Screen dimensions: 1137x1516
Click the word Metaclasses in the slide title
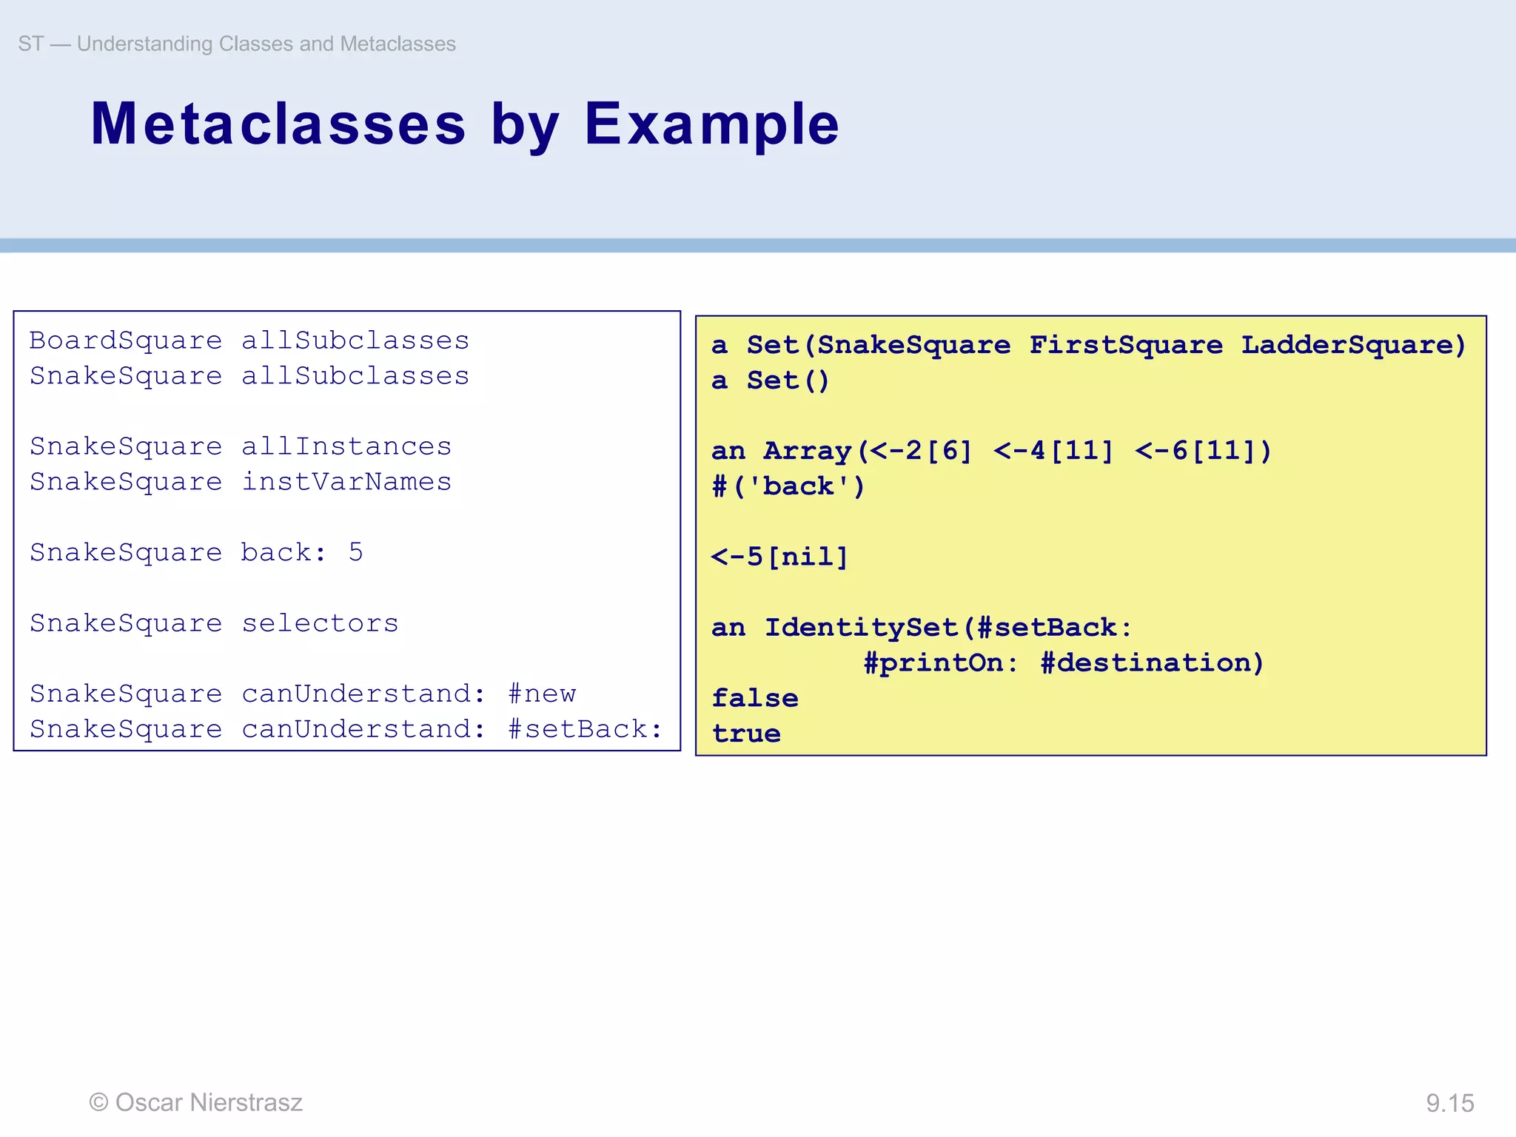[278, 124]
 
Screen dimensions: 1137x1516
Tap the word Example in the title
[711, 124]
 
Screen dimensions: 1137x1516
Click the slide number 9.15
[1449, 1103]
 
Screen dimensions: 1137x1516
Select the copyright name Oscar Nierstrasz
[209, 1102]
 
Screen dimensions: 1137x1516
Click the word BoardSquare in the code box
[125, 341]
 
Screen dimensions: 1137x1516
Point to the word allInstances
[346, 446]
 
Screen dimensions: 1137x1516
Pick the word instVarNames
[346, 482]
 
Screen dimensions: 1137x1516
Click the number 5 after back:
[356, 552]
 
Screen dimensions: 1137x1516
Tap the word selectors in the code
[320, 623]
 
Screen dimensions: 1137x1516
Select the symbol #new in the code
[542, 694]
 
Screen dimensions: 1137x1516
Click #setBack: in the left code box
[585, 729]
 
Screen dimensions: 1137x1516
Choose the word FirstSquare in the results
[1126, 345]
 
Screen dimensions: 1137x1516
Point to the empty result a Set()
[771, 380]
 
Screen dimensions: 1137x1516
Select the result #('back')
[788, 486]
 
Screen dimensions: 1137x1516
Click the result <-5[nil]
[779, 557]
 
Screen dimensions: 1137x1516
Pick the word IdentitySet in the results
[862, 628]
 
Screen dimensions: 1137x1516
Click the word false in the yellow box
[755, 698]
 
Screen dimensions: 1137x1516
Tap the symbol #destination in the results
[1152, 663]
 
